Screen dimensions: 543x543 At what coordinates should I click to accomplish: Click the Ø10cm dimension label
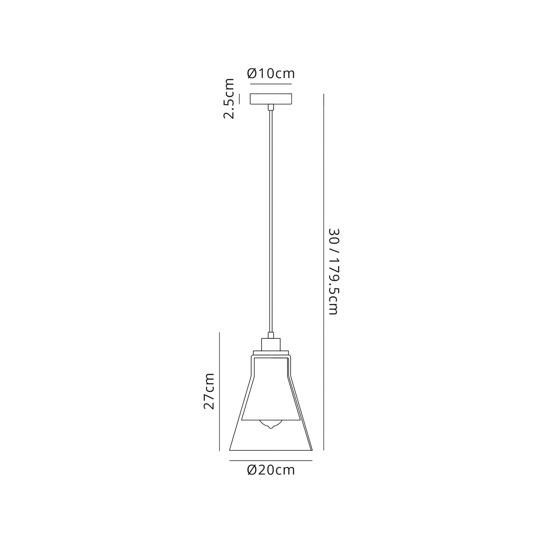(271, 74)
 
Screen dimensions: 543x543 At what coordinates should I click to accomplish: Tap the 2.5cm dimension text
(229, 99)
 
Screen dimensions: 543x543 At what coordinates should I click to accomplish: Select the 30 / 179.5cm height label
(334, 271)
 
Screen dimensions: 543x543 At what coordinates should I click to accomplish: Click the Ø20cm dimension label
(271, 470)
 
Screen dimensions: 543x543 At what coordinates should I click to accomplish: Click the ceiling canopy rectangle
(271, 99)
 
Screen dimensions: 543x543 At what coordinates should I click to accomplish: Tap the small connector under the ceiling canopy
(271, 107)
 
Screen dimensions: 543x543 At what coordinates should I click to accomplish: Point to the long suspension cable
(271, 219)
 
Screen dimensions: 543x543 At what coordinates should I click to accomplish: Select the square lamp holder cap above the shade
(271, 344)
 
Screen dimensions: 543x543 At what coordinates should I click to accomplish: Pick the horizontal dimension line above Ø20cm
(271, 461)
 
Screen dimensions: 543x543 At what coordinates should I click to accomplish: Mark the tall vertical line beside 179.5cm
(324, 271)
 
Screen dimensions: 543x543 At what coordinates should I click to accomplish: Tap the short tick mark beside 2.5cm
(239, 99)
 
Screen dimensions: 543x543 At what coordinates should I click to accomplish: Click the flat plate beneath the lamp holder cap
(271, 353)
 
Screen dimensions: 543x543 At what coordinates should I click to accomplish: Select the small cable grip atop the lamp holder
(271, 335)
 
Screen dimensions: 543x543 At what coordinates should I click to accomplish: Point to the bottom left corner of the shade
(230, 450)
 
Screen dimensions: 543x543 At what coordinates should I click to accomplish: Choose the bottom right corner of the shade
(312, 450)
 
